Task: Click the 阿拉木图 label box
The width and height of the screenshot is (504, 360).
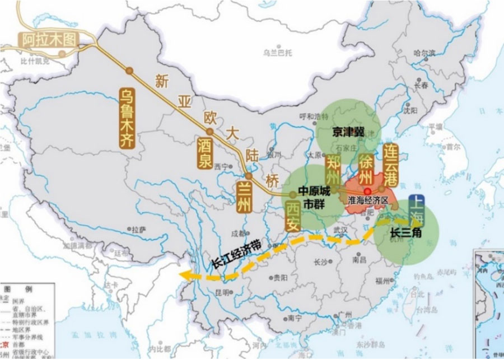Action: click(49, 39)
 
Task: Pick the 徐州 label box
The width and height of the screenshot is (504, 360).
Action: click(365, 170)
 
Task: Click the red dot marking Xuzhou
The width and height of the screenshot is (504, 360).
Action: click(367, 191)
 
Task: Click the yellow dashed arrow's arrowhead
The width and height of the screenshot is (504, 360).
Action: click(185, 274)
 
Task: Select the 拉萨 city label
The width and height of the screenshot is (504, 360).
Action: click(138, 229)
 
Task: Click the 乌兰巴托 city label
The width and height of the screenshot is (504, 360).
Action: click(278, 53)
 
